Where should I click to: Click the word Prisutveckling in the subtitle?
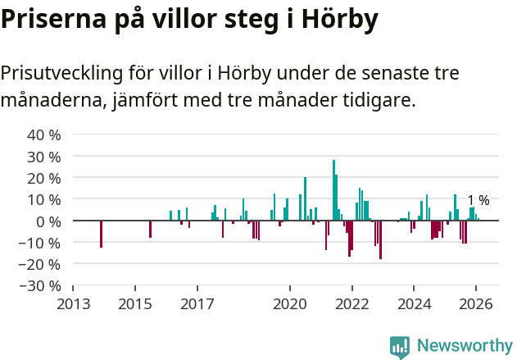[x=61, y=73]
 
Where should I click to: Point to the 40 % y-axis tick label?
[x=43, y=134]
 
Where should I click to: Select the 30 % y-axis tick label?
[x=43, y=156]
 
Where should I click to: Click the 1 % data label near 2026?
[x=478, y=200]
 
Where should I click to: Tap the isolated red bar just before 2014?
[x=101, y=234]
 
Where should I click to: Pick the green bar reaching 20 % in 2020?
[x=305, y=199]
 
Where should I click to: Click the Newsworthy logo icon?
[x=400, y=347]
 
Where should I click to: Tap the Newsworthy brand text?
[x=465, y=346]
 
